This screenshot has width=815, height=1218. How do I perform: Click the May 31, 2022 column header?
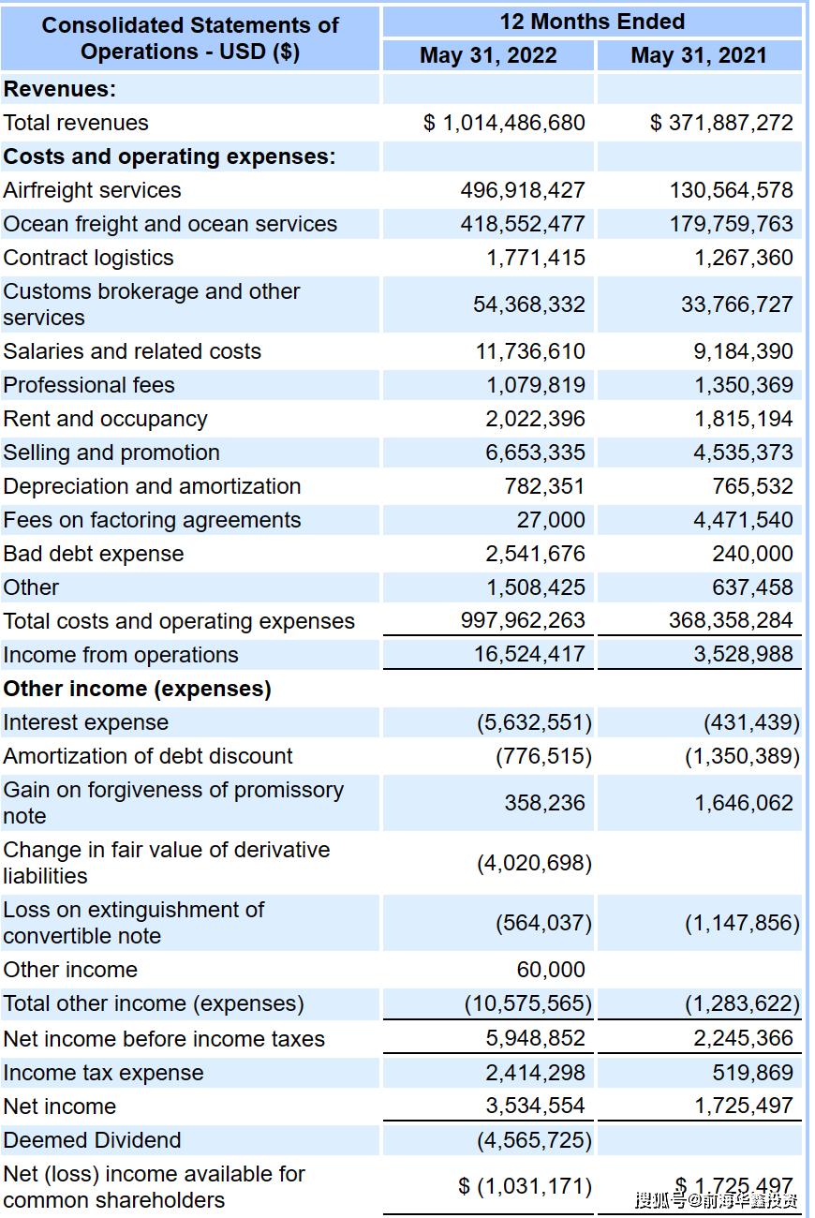tap(488, 55)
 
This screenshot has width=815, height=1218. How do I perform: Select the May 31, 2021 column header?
tap(698, 55)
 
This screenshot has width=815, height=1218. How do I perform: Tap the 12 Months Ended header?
tap(592, 22)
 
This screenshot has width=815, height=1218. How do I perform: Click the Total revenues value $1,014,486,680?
tap(504, 123)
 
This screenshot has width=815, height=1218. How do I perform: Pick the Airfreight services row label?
tap(92, 190)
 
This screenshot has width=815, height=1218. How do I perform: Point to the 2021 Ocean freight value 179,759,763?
tap(731, 224)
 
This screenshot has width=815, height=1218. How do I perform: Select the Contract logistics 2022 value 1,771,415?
tap(535, 258)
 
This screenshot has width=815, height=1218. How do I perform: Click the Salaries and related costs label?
tap(132, 351)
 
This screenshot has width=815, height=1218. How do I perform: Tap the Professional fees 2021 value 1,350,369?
tap(743, 385)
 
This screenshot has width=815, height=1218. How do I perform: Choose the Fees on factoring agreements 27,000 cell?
tap(551, 520)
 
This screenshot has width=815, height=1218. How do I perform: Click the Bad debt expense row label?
tap(94, 554)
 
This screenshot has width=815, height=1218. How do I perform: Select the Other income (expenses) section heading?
tap(137, 689)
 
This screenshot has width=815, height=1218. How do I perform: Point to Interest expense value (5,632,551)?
tap(534, 722)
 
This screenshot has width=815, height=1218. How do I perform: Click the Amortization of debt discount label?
tap(148, 756)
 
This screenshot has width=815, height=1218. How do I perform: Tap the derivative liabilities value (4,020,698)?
tap(534, 863)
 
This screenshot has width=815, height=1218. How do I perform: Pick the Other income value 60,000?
tap(551, 970)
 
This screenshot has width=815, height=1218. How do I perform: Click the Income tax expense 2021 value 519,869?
tap(752, 1073)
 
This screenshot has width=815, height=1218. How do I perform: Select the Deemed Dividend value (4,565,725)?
tap(534, 1140)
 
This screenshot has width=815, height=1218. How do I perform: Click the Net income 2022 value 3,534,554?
tap(535, 1106)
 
